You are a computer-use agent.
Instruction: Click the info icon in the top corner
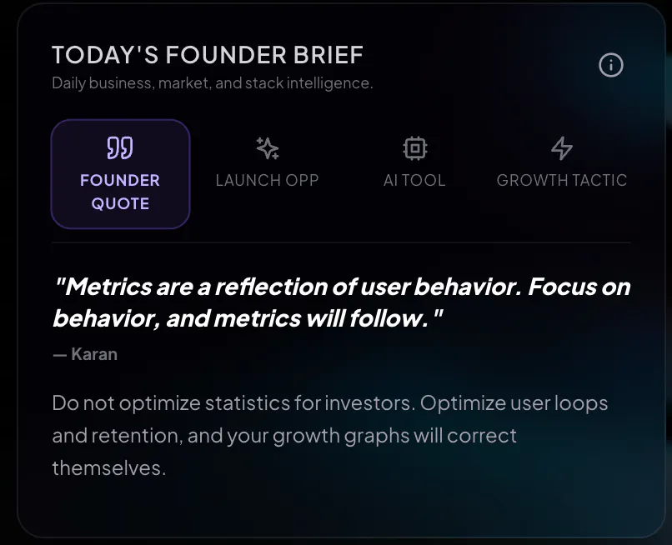coord(610,65)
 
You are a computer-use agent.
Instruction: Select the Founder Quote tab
coord(120,174)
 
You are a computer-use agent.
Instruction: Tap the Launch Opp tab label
coord(267,180)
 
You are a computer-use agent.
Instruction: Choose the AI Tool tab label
coord(414,180)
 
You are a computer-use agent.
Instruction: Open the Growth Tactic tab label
coord(562,180)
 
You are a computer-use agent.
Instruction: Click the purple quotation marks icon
coord(120,147)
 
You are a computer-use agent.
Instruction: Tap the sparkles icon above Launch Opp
coord(268,148)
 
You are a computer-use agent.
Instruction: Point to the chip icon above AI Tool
coord(415,148)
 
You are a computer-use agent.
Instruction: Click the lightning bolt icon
coord(562,148)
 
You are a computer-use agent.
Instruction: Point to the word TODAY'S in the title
coord(105,55)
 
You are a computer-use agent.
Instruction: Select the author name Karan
coord(94,354)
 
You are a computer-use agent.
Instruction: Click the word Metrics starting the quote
coord(109,287)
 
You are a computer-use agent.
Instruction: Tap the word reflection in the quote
coord(271,287)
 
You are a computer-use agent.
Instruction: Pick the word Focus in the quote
coord(562,287)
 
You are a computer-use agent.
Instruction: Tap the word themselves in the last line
coord(109,467)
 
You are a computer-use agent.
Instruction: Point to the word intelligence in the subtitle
coord(329,83)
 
